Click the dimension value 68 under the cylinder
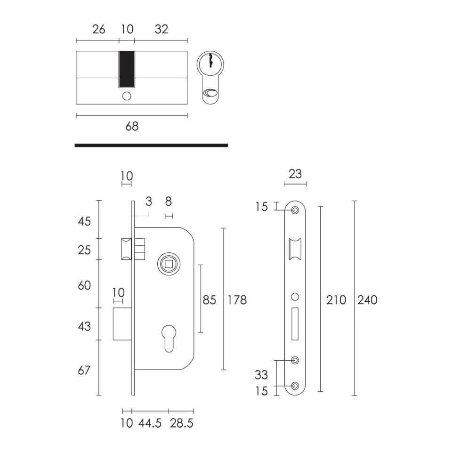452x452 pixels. pos(132,126)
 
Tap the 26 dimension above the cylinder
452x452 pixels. pos(98,29)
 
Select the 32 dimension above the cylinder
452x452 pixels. pos(161,29)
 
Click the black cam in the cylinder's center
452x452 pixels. pos(127,69)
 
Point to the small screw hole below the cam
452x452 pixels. pos(127,96)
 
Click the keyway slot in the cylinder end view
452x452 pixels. pos(211,60)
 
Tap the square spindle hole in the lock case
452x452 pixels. pos(169,264)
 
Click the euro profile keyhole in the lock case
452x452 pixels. pos(169,339)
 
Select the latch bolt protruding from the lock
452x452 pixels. pos(127,249)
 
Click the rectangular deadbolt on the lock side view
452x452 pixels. pos(122,324)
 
